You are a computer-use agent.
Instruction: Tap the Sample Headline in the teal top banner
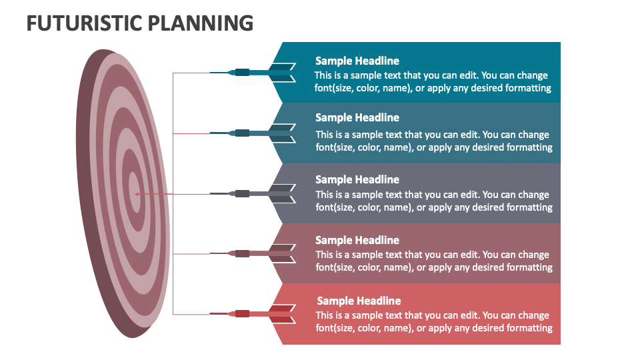[x=357, y=61]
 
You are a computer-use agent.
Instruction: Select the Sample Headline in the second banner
[x=357, y=117]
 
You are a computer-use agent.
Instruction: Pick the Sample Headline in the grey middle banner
[x=357, y=179]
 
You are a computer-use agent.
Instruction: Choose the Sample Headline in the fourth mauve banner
[x=357, y=240]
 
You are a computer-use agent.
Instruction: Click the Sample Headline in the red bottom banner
[x=358, y=301]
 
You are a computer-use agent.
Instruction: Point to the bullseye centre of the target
[x=134, y=193]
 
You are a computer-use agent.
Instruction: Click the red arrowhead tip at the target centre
[x=136, y=194]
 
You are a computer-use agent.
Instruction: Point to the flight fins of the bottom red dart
[x=283, y=314]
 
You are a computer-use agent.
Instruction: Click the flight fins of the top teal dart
[x=283, y=72]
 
